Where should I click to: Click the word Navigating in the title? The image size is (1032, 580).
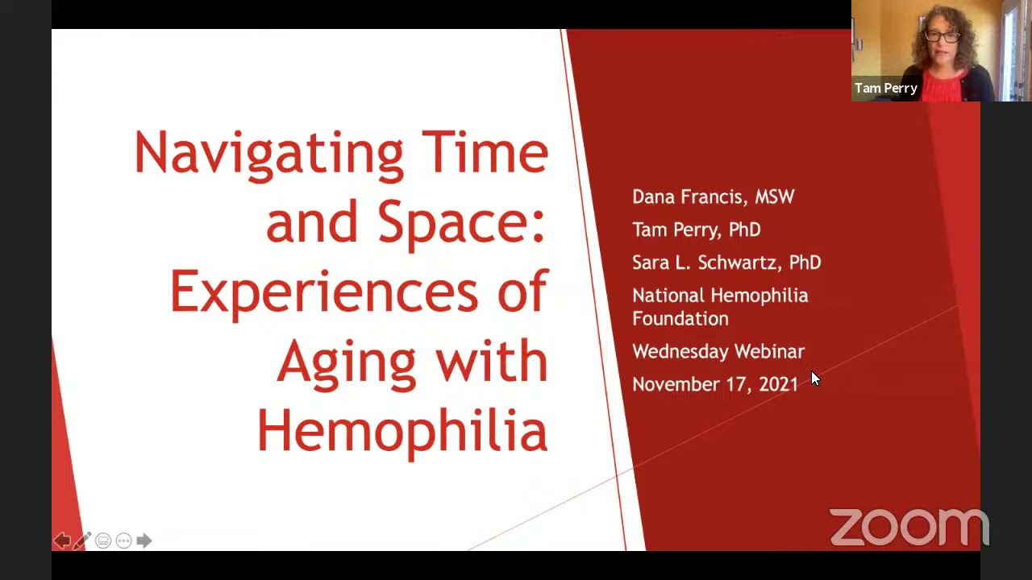[268, 153]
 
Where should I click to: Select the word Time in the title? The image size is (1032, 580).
[485, 151]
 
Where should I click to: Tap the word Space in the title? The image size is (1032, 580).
[461, 222]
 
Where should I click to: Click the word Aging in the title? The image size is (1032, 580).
[346, 362]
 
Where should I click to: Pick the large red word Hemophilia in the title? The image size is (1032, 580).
[402, 430]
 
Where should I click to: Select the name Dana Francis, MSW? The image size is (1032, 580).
[713, 197]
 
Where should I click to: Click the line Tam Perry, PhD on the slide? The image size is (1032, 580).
[696, 230]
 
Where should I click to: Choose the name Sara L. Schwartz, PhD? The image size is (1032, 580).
[726, 263]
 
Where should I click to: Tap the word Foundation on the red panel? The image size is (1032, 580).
[680, 319]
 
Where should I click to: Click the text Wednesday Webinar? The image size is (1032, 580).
[718, 352]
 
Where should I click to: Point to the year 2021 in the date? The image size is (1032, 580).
[778, 384]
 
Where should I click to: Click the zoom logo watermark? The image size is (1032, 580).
[909, 527]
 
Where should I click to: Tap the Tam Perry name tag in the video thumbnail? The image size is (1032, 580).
[885, 89]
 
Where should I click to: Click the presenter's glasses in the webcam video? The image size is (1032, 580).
[943, 36]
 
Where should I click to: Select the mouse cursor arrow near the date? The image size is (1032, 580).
[814, 379]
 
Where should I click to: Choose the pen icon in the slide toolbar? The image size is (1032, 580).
[82, 541]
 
